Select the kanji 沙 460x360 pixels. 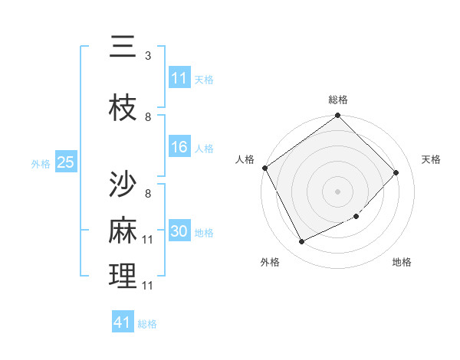(x=123, y=184)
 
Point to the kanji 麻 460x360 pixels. (x=123, y=231)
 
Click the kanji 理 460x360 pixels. (x=123, y=277)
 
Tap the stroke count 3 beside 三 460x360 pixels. (x=147, y=56)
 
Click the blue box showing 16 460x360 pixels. (x=179, y=148)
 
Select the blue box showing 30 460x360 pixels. (x=179, y=232)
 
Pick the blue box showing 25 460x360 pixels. (x=66, y=162)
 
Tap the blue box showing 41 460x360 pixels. (x=123, y=322)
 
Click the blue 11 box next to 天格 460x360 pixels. (x=179, y=78)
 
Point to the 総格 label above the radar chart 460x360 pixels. (x=338, y=100)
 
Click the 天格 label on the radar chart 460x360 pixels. (x=432, y=159)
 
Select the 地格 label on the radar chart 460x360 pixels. (x=402, y=262)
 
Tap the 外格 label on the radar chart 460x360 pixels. (x=270, y=262)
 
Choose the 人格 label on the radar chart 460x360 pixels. (x=245, y=159)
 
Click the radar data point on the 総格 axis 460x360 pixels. (x=338, y=116)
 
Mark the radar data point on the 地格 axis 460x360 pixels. (x=356, y=217)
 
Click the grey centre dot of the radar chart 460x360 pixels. (x=338, y=191)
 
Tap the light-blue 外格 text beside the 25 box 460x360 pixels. (x=41, y=163)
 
